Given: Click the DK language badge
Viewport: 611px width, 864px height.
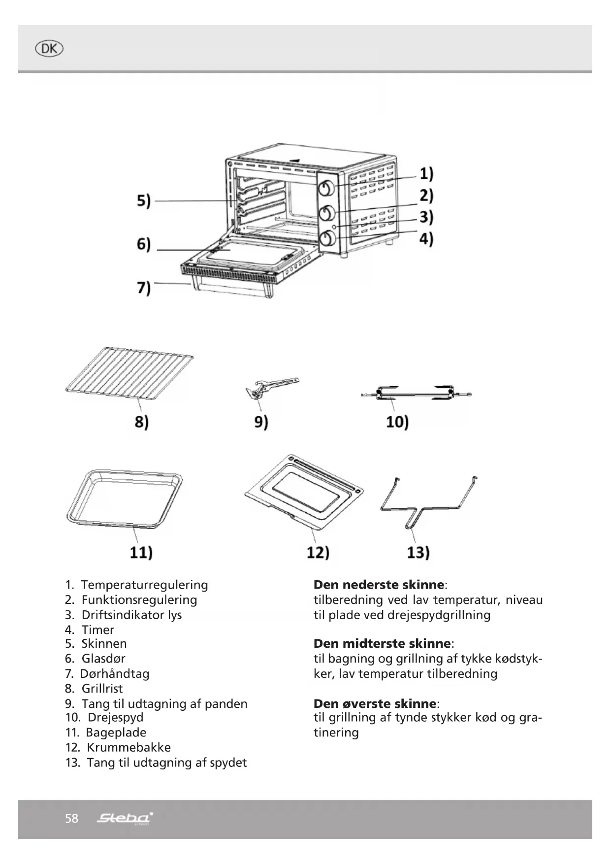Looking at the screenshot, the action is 49,49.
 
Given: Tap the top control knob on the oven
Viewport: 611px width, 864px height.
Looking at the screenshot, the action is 327,188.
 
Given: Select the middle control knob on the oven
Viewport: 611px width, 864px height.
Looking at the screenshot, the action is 327,213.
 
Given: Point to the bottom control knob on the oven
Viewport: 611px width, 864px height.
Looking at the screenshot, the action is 327,239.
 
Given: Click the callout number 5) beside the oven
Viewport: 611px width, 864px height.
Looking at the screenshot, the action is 143,201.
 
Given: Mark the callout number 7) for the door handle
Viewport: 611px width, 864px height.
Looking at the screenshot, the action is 143,287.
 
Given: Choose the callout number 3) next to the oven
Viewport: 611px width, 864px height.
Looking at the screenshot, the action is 426,217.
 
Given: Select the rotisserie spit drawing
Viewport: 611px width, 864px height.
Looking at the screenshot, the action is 416,393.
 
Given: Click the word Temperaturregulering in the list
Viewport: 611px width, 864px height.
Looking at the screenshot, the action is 144,585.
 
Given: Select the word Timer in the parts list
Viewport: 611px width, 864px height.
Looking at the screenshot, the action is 98,630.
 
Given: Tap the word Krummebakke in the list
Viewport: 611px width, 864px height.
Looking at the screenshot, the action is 129,747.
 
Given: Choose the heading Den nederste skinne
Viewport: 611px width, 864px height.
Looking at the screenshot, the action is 379,585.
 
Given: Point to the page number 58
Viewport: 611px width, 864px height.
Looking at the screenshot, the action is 71,819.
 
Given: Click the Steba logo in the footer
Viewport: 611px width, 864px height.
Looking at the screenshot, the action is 125,819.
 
